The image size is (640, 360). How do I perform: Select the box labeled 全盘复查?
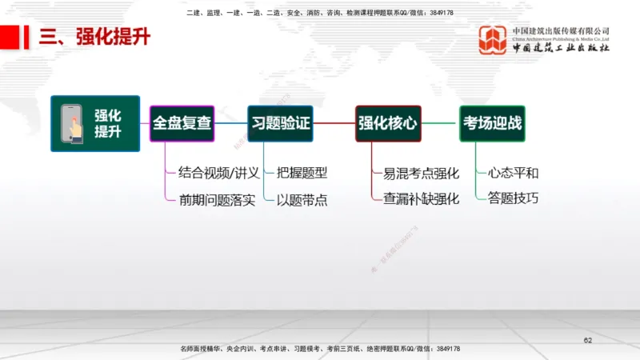click(182, 123)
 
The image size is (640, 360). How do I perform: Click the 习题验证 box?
click(280, 123)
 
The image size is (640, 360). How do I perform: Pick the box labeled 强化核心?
click(388, 123)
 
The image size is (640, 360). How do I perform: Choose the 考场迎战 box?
click(492, 123)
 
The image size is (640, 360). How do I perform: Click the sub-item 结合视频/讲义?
click(219, 173)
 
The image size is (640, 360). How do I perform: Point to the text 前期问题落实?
click(218, 199)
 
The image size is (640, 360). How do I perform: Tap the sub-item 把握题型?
click(302, 173)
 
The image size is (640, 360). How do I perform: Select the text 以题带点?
click(302, 199)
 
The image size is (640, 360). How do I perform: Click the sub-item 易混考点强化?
click(421, 173)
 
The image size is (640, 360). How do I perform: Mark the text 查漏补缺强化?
click(421, 199)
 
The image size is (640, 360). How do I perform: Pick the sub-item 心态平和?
click(513, 173)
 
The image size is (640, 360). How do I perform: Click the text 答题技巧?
click(513, 198)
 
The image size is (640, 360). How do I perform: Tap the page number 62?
click(588, 342)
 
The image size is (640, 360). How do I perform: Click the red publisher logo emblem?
click(493, 40)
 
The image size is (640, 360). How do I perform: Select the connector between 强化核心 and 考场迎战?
click(440, 123)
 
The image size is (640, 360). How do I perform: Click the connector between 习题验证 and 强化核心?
click(334, 123)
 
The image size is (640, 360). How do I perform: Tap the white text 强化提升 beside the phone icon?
click(108, 124)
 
